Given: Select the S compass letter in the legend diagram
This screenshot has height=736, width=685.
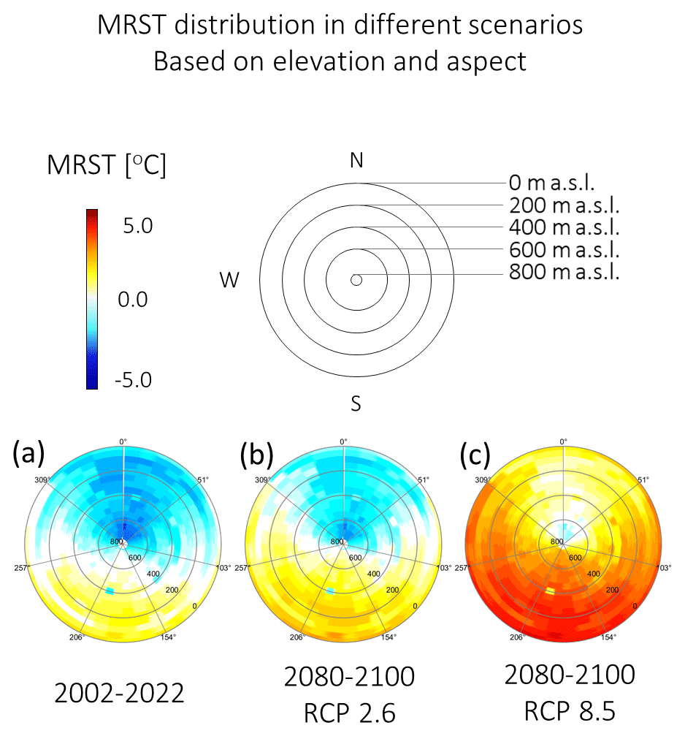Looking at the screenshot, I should [356, 403].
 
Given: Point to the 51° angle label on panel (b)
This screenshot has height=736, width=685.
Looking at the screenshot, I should [421, 479].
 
